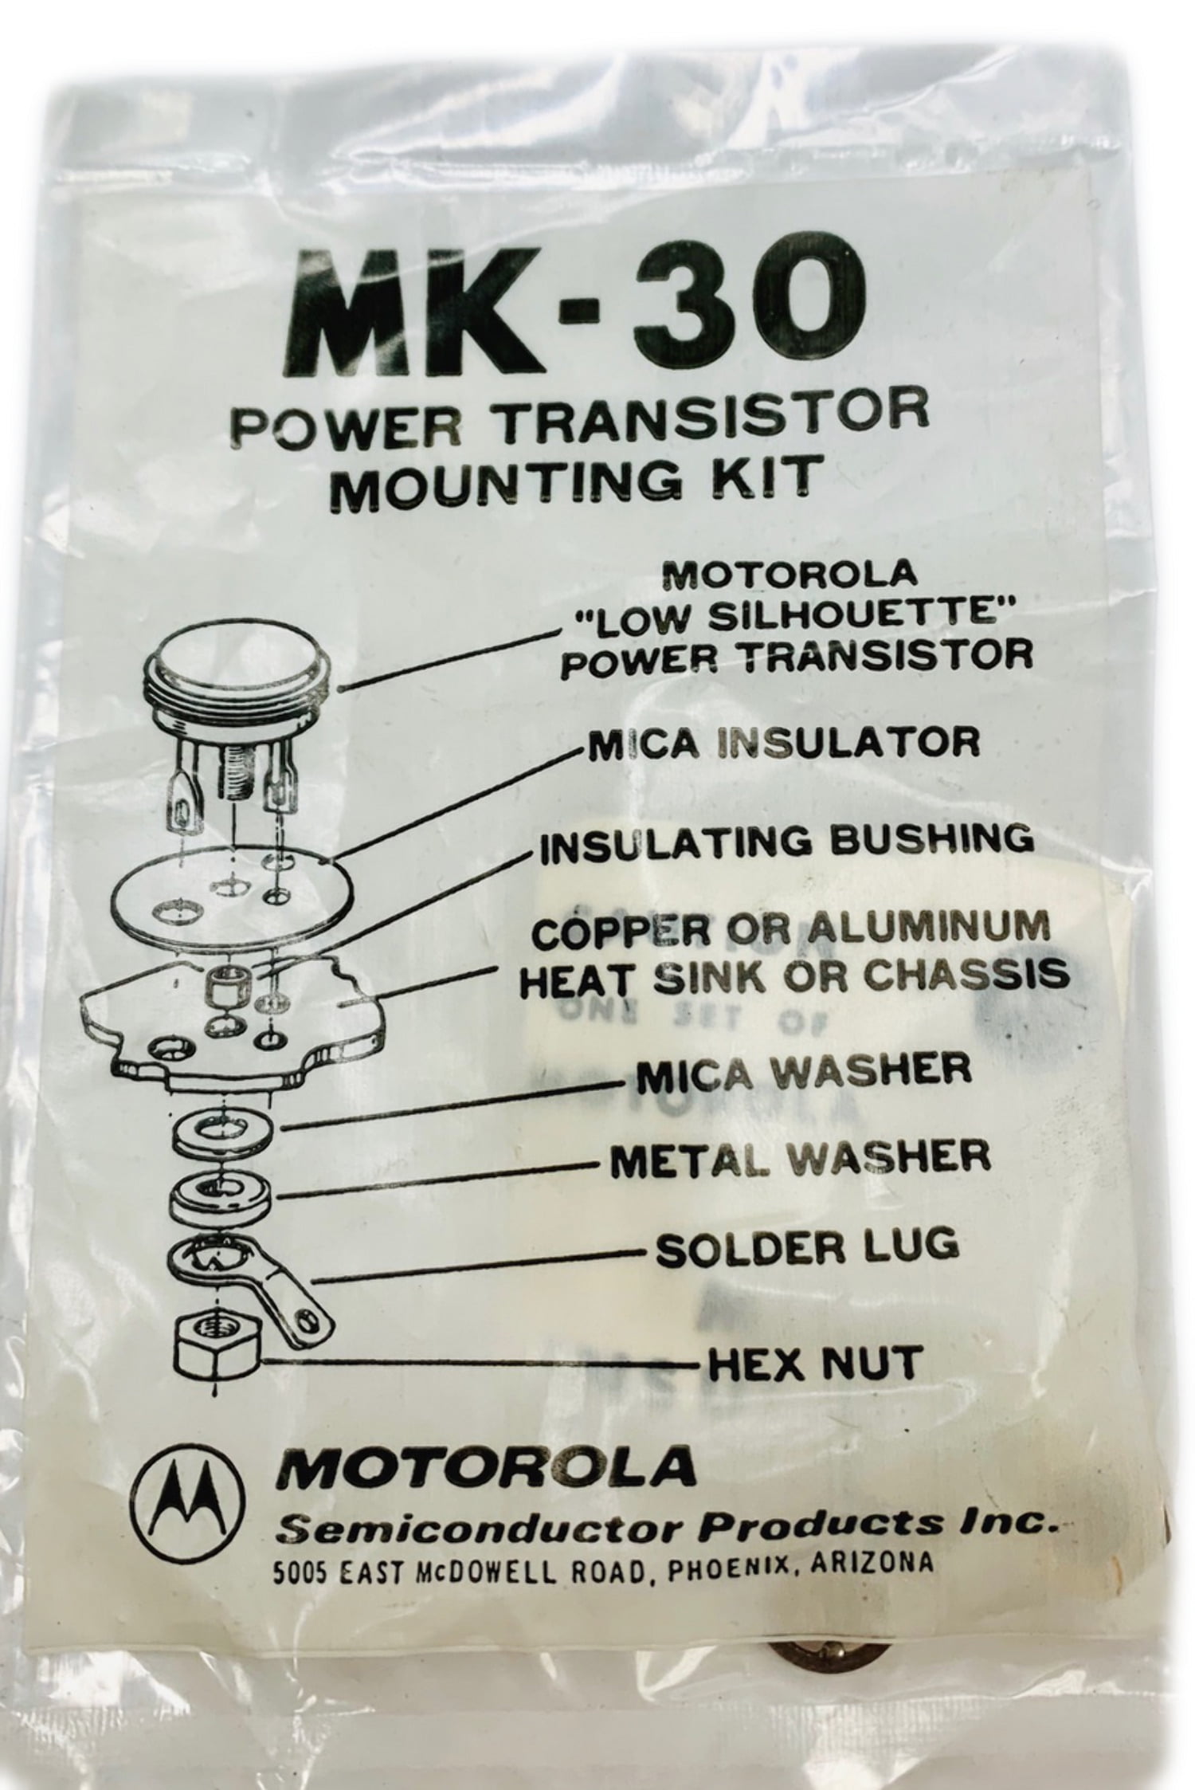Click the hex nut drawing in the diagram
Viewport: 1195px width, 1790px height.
(x=213, y=1341)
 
